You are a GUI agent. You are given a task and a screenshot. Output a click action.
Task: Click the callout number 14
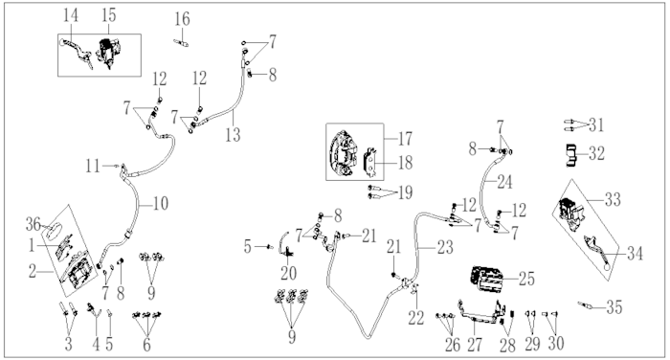(x=71, y=16)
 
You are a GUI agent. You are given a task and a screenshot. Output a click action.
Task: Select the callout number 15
(x=109, y=15)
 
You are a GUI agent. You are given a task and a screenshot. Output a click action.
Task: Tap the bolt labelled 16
(x=181, y=42)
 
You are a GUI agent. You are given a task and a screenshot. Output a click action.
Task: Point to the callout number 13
(x=233, y=135)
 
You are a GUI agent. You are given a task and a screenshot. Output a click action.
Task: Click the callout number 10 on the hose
(x=160, y=204)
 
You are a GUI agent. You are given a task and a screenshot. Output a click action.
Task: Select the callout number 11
(x=93, y=166)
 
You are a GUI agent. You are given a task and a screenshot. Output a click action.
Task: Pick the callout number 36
(x=33, y=224)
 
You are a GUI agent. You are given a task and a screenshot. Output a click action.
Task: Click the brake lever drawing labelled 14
(x=77, y=52)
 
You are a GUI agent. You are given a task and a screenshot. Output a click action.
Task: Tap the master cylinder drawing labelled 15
(x=109, y=52)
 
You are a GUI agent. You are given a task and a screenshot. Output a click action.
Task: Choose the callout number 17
(x=405, y=139)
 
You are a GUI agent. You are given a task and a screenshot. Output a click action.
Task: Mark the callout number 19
(x=405, y=192)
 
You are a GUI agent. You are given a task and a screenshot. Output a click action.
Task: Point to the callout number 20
(x=288, y=273)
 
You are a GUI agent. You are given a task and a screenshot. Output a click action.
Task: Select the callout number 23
(x=445, y=247)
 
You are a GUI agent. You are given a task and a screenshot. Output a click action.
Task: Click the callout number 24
(x=504, y=182)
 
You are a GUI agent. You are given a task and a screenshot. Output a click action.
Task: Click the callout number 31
(x=596, y=125)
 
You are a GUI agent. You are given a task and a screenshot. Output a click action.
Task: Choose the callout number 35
(x=614, y=307)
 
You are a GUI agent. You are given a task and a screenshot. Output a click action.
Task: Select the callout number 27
(x=475, y=345)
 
